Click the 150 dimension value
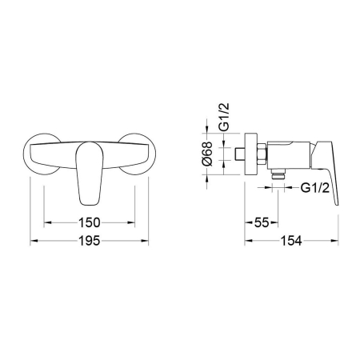pos(90,222)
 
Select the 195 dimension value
pos(90,241)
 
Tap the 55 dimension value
pos(262,222)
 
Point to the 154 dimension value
pos(291,241)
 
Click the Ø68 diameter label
pos(207,154)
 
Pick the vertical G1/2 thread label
pos(224,117)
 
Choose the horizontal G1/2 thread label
pos(315,188)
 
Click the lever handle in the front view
pos(90,174)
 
